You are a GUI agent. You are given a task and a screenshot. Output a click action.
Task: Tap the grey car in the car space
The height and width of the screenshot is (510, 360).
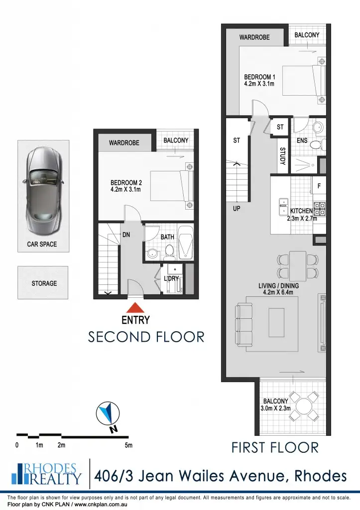[43, 191]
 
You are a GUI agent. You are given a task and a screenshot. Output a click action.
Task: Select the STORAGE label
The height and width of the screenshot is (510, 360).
[44, 283]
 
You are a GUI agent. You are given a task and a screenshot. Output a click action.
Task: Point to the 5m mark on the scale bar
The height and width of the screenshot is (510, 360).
[128, 445]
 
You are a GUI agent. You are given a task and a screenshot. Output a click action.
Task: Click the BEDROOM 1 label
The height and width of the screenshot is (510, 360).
[259, 81]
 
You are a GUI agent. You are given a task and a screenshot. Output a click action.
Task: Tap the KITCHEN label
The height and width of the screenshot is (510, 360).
[301, 211]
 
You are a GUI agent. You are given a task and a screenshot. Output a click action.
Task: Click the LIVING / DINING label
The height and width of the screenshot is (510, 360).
[278, 289]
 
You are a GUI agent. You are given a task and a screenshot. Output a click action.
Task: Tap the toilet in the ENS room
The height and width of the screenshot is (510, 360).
[315, 145]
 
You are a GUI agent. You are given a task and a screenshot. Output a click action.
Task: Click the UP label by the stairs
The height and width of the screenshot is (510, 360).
[237, 209]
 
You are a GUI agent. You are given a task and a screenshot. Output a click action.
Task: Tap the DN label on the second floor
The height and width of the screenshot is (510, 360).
[126, 234]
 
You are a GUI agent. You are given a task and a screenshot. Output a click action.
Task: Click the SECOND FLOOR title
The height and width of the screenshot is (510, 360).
[146, 337]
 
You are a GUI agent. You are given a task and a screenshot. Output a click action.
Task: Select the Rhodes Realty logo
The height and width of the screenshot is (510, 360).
[46, 474]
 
